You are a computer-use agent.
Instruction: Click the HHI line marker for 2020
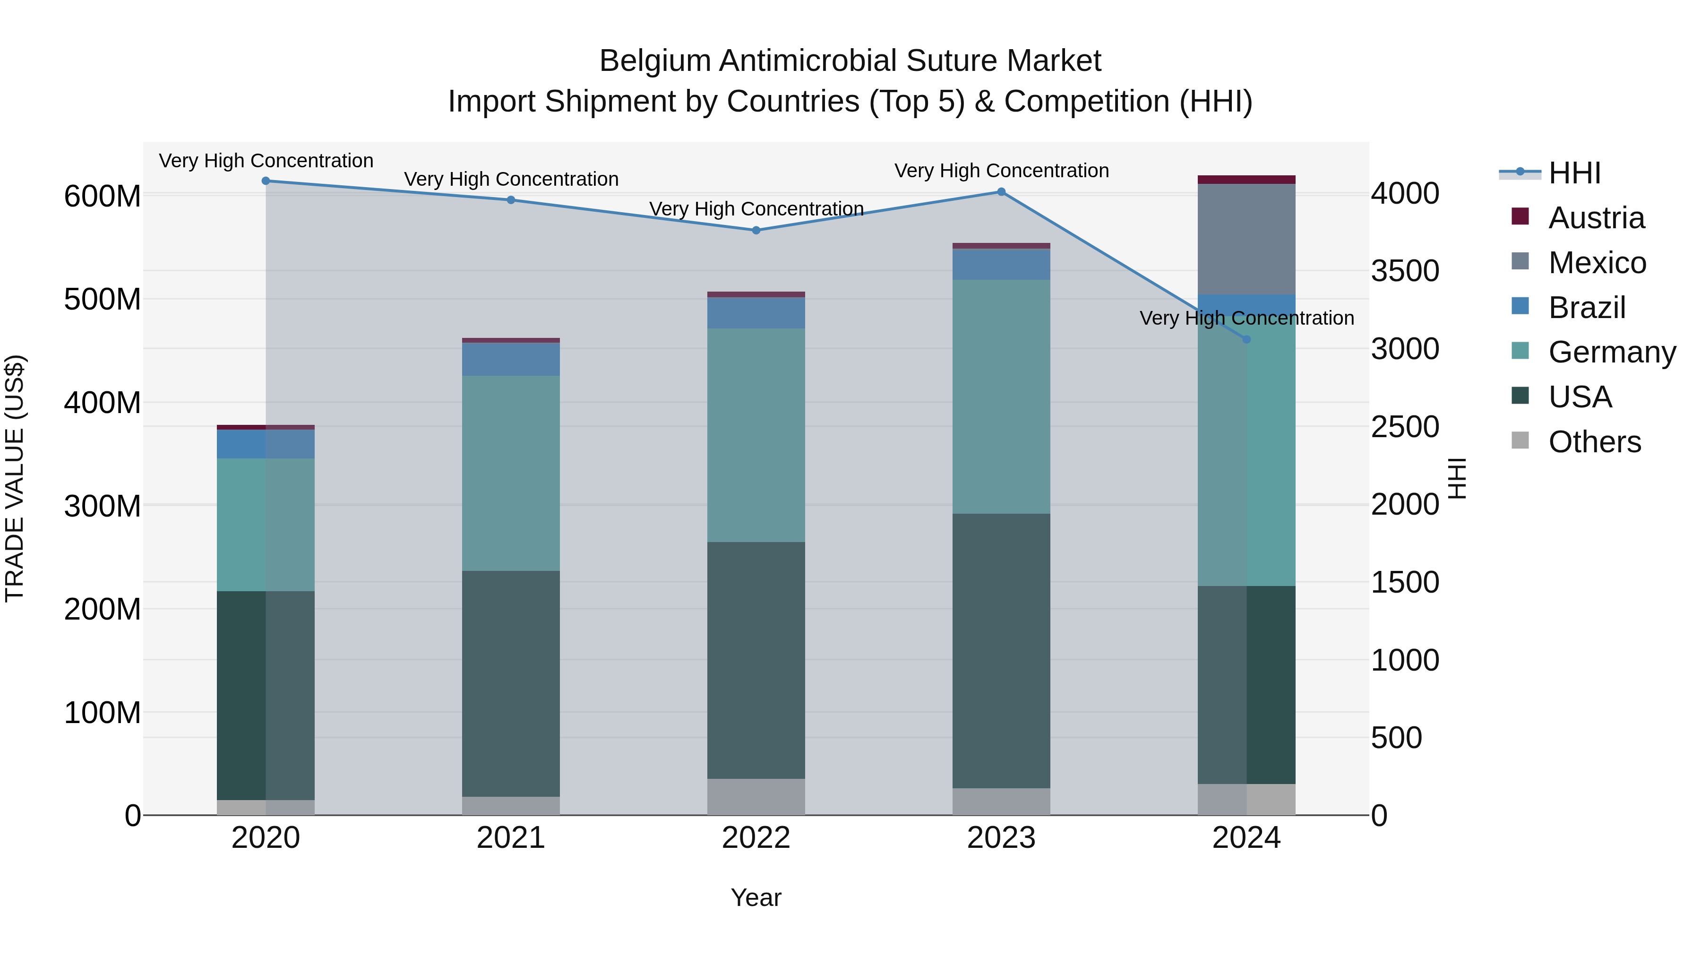tap(266, 181)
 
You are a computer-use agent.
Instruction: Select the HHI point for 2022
tap(756, 231)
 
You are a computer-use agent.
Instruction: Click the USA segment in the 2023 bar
tap(1001, 651)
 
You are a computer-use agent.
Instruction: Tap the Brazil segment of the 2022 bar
tap(756, 313)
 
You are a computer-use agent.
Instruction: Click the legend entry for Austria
tap(1596, 218)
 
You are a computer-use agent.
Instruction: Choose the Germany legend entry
tap(1611, 352)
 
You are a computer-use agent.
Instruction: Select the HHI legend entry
tap(1574, 173)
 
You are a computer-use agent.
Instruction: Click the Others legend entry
tap(1594, 442)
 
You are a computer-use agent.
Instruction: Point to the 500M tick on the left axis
tap(103, 300)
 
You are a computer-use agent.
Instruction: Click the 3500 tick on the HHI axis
tap(1405, 271)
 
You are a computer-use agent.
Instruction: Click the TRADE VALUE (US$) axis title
tap(15, 478)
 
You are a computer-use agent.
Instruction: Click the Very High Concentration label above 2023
tap(1001, 171)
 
